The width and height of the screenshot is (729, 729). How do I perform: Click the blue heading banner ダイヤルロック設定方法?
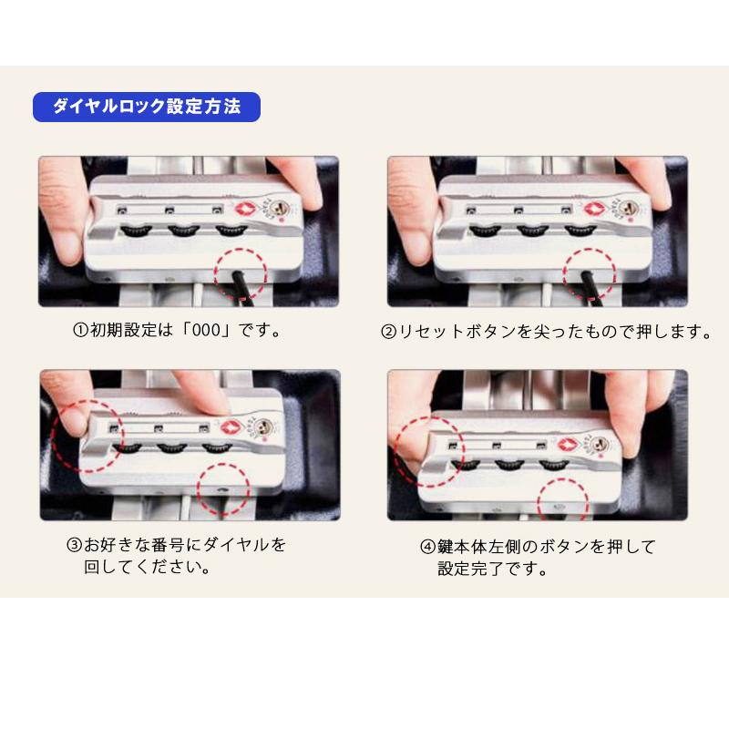147,107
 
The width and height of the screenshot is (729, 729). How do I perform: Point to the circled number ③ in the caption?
75,546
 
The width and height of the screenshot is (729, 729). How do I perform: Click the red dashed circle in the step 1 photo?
239,271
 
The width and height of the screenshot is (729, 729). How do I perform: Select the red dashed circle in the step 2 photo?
589,271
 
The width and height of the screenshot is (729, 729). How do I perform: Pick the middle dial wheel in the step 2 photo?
532,231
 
